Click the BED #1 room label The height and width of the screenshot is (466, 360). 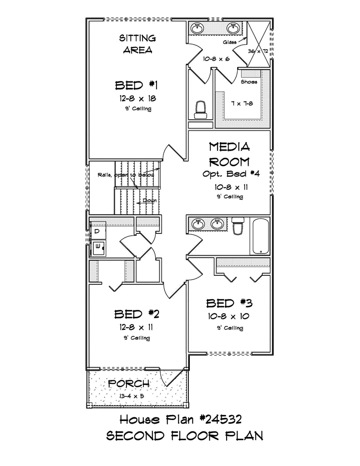point(136,85)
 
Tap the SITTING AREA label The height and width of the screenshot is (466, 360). point(137,44)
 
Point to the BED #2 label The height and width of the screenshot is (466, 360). point(137,314)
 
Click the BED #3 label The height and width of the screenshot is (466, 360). point(229,303)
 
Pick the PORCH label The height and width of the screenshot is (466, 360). point(129,384)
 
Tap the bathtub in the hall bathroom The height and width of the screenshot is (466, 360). point(261,236)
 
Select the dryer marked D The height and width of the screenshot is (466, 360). point(97,232)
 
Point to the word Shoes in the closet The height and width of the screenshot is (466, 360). point(249,81)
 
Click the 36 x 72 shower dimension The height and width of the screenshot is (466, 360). point(258,51)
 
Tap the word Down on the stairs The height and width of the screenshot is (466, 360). point(149,200)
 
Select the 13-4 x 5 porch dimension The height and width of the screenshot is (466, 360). point(131,396)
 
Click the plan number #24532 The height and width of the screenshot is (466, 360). point(220,420)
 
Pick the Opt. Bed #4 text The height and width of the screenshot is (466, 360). point(231,173)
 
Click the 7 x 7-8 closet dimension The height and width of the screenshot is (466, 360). point(242,104)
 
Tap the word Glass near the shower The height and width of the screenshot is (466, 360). point(230,42)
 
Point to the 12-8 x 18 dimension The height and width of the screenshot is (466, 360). point(138,98)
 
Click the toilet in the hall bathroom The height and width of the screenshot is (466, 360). point(238,226)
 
